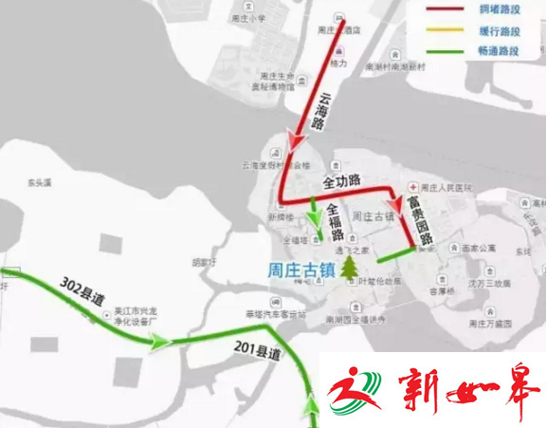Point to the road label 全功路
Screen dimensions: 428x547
[x=342, y=179]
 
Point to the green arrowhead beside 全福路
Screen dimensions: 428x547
[x=316, y=217]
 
